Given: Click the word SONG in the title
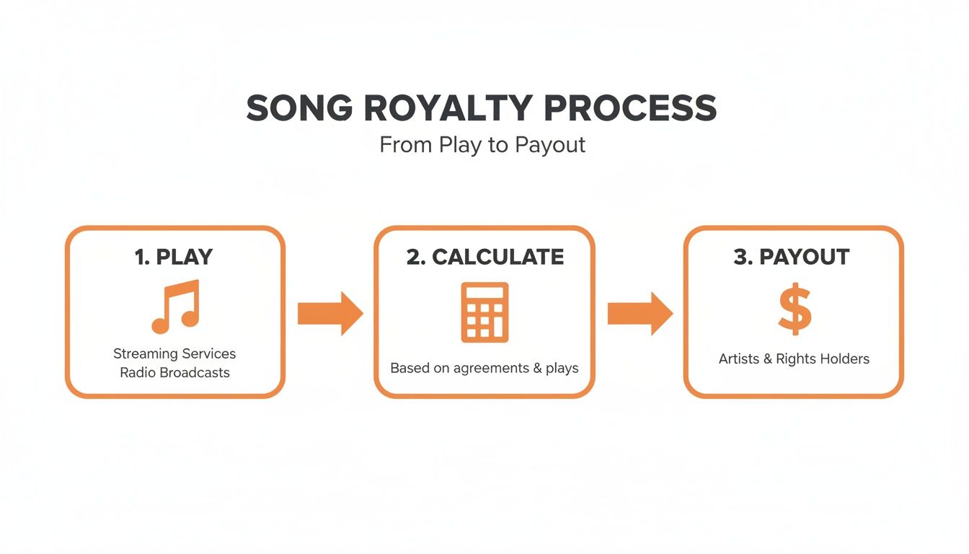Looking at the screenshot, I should pyautogui.click(x=299, y=108).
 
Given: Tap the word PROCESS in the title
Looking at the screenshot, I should pyautogui.click(x=630, y=108).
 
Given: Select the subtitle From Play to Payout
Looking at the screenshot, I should pyautogui.click(x=482, y=145).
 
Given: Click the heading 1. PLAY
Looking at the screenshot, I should pyautogui.click(x=174, y=258).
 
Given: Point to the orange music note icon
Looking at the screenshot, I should pyautogui.click(x=174, y=307).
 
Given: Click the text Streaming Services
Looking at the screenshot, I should pyautogui.click(x=174, y=353).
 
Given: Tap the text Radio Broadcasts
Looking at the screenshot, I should pyautogui.click(x=174, y=373).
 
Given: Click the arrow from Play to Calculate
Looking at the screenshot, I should pyautogui.click(x=330, y=314).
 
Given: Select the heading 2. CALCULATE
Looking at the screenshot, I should pyautogui.click(x=485, y=258).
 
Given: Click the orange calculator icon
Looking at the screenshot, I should pyautogui.click(x=485, y=312).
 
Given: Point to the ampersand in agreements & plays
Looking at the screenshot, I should pyautogui.click(x=537, y=368).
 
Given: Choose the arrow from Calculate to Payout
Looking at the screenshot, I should pyautogui.click(x=640, y=314).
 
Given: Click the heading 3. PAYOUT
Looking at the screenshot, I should pyautogui.click(x=792, y=258).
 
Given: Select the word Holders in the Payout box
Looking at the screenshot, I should pyautogui.click(x=844, y=359).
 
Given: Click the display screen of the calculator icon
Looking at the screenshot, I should pyautogui.click(x=485, y=294).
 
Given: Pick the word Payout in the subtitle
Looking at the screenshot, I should pyautogui.click(x=550, y=145).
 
